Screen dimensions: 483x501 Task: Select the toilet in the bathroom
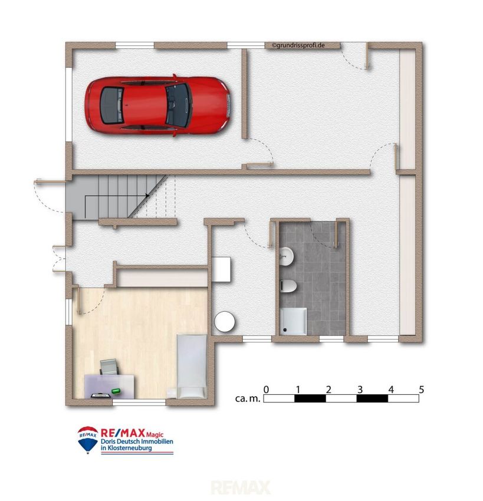(288, 286)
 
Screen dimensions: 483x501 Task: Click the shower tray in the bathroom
(294, 321)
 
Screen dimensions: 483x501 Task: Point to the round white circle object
(225, 321)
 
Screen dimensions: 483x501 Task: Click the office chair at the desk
(109, 367)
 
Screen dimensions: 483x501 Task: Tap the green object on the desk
(116, 391)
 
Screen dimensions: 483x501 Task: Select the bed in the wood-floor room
(192, 366)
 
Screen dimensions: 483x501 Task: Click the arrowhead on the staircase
(147, 196)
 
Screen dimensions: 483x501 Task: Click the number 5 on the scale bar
(421, 390)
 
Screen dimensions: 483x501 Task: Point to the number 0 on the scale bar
(266, 390)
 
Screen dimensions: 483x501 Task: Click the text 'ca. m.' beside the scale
(248, 398)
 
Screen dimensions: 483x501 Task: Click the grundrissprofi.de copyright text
(298, 45)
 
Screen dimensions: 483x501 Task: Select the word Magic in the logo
(155, 434)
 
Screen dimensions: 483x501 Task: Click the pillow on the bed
(192, 393)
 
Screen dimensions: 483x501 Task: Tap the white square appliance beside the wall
(221, 269)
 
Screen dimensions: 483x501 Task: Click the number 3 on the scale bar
(360, 390)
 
